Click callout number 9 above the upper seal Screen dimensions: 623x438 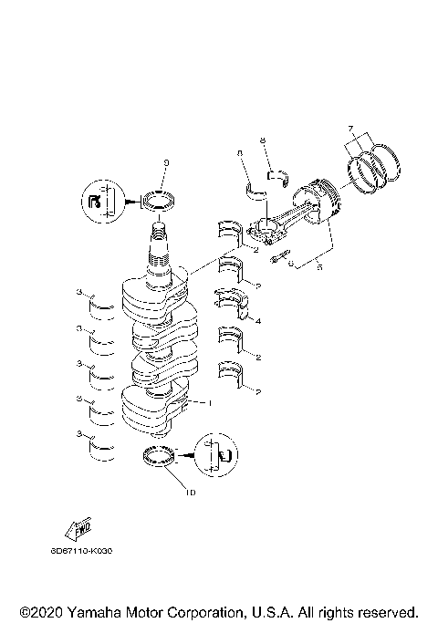pyautogui.click(x=166, y=163)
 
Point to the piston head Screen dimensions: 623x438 pyautogui.click(x=318, y=201)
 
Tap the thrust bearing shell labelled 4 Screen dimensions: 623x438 pyautogui.click(x=232, y=301)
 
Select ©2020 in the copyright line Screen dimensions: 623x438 pyautogui.click(x=37, y=610)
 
